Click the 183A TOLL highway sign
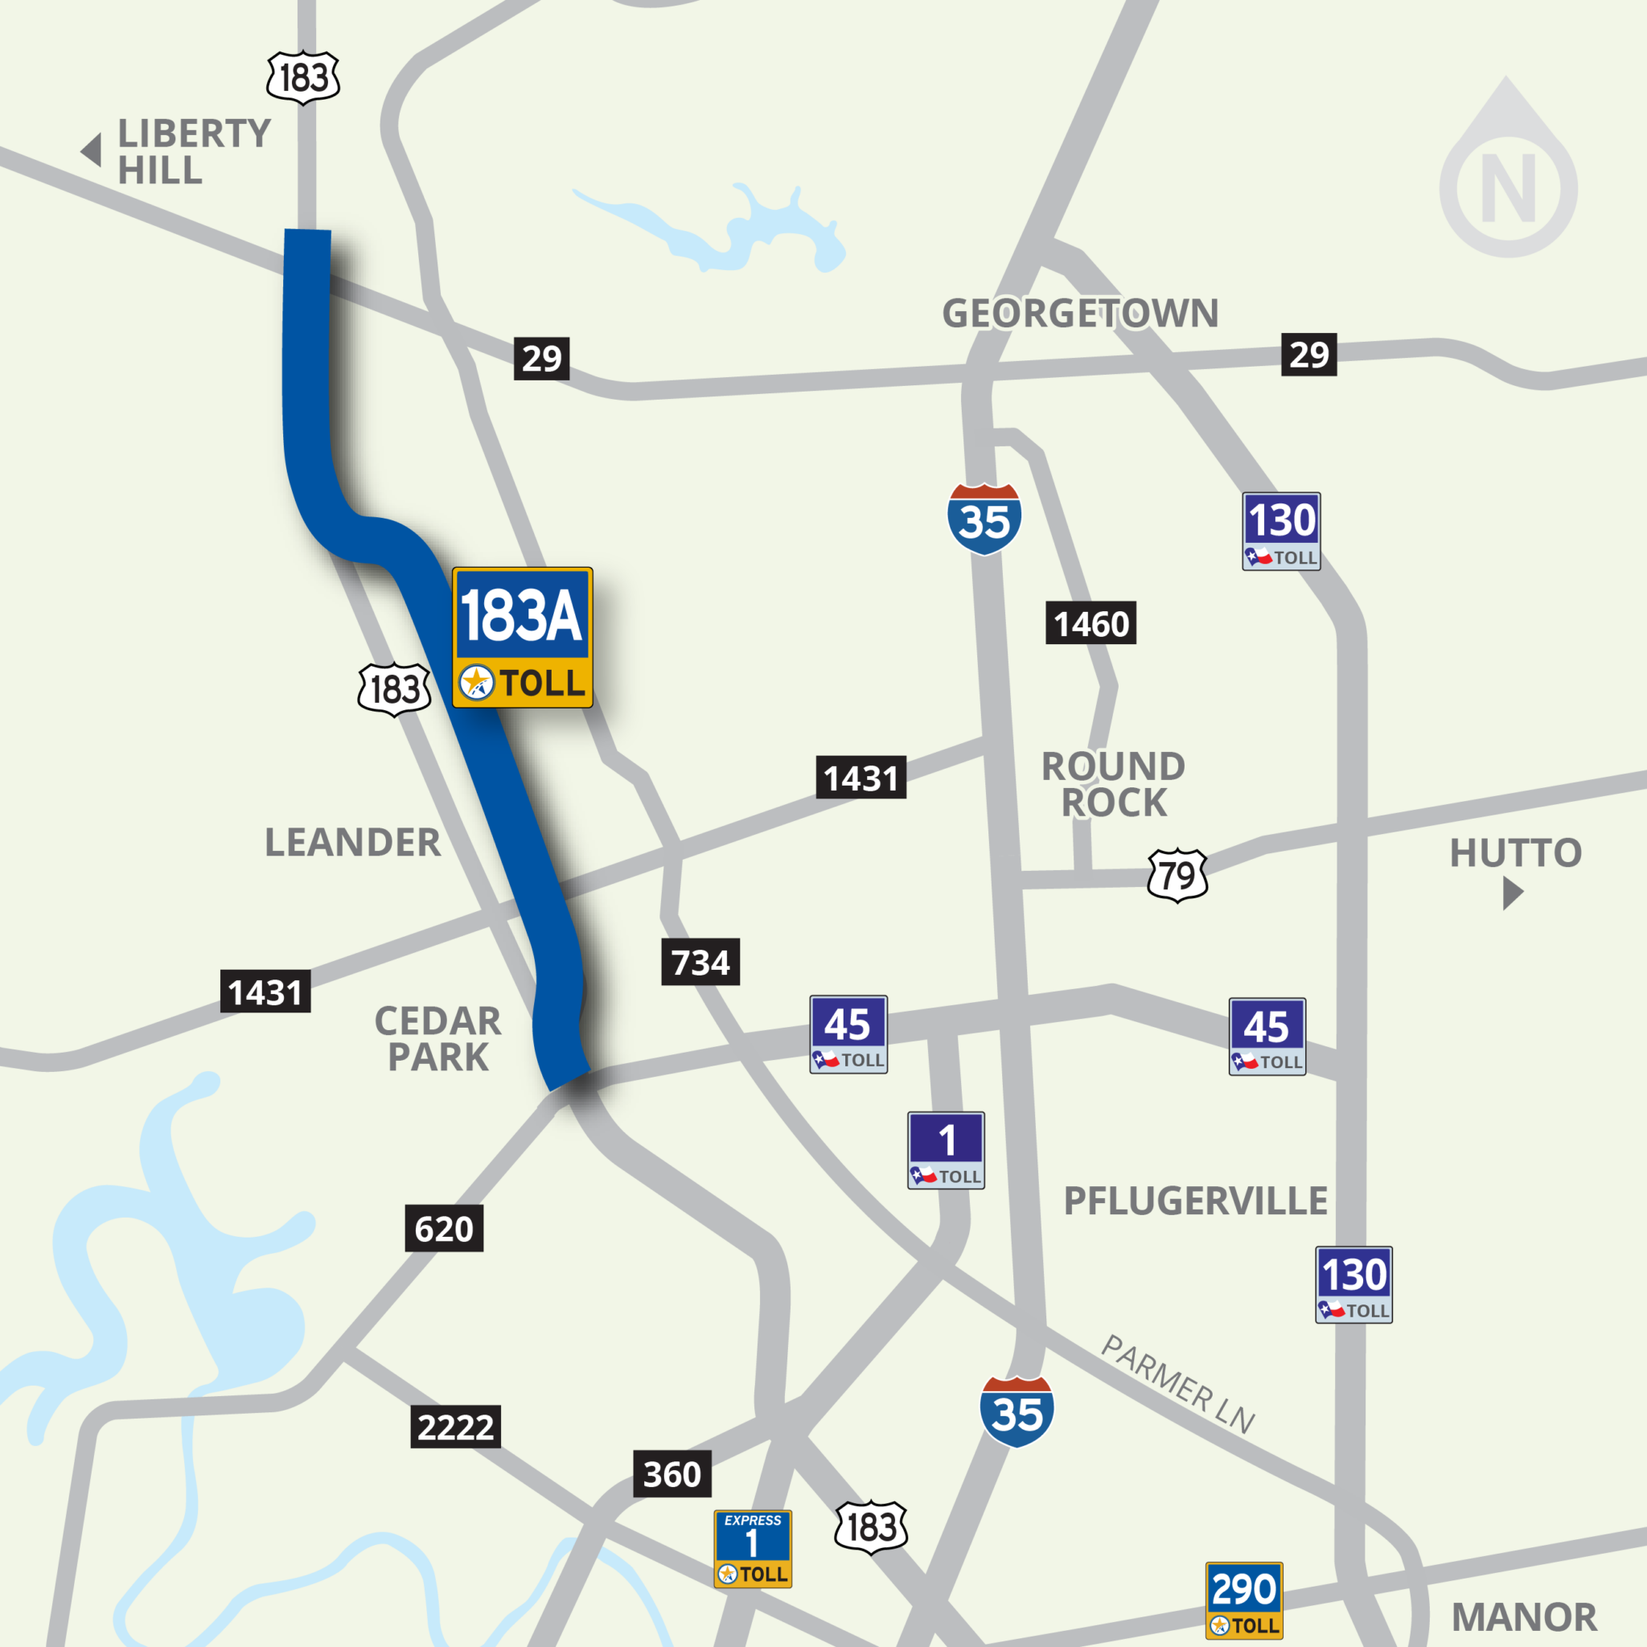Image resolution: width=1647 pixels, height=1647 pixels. tap(522, 637)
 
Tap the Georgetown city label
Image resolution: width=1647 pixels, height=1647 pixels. tap(1079, 313)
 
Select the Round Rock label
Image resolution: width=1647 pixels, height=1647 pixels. tap(1113, 784)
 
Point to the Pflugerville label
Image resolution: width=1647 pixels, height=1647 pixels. tap(1195, 1201)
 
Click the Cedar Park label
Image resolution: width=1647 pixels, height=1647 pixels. tap(438, 1038)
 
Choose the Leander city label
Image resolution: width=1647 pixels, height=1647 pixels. tap(353, 842)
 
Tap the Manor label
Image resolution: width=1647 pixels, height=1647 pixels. tap(1523, 1617)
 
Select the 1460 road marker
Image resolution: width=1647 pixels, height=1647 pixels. tap(1090, 623)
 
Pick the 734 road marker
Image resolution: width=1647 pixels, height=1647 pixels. tap(700, 962)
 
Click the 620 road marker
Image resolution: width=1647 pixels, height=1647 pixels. tap(443, 1229)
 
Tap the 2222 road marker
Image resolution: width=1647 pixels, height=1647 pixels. tap(455, 1426)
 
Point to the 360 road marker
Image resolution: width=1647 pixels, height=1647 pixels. tap(672, 1474)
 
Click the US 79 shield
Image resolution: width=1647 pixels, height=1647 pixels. tap(1177, 875)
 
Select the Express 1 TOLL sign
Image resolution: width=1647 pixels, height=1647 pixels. tap(753, 1549)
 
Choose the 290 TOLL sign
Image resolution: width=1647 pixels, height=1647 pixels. tap(1244, 1600)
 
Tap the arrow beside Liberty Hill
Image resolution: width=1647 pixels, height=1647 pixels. tap(92, 150)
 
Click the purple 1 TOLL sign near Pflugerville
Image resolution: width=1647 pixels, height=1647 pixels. tap(946, 1150)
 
